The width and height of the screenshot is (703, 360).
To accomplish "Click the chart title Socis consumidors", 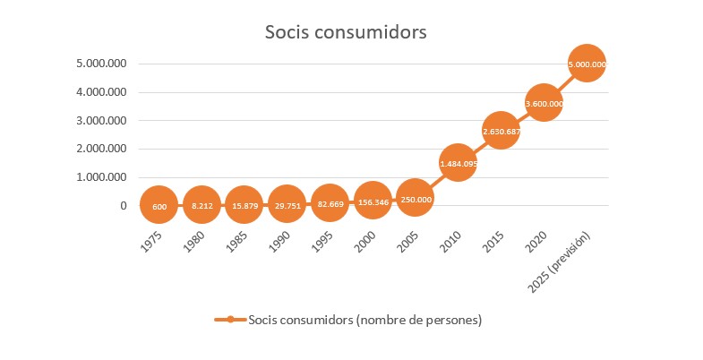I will [x=346, y=32].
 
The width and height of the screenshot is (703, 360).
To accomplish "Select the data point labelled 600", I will [x=159, y=207].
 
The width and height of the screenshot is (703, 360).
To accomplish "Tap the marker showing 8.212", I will [x=201, y=207].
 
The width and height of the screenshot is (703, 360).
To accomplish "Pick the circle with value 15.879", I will [x=244, y=207].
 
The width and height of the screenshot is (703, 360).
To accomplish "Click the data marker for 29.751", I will [x=286, y=207].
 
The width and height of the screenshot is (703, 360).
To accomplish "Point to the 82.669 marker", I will [x=329, y=206].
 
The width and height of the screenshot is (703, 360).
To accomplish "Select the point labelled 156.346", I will [x=372, y=202].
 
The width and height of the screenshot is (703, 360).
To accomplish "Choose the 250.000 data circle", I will [x=415, y=199].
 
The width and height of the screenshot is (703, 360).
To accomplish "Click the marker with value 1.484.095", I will [x=458, y=163].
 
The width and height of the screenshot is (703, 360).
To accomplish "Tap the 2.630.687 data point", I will [x=501, y=132].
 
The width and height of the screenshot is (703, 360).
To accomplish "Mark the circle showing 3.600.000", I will [x=544, y=104].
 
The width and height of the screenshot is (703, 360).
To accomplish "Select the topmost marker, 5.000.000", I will [x=587, y=64].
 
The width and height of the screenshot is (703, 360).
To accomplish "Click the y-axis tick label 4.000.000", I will [x=100, y=92].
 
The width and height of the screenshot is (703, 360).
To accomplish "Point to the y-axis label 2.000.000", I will [x=100, y=149].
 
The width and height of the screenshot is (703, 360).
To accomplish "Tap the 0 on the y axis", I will [x=123, y=205].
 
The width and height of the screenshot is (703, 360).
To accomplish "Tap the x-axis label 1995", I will [x=323, y=243].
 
